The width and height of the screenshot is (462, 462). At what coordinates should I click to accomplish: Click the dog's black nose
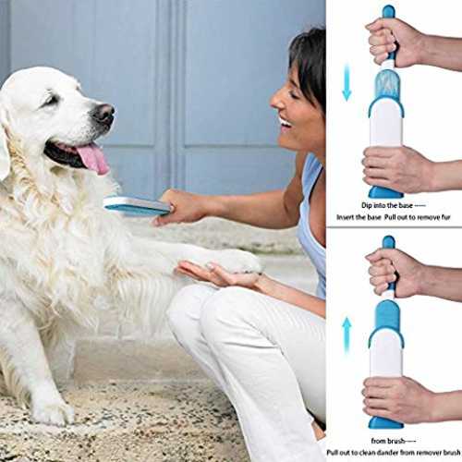[x=103, y=114]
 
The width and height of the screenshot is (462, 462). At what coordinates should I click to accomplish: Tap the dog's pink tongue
[x=93, y=159]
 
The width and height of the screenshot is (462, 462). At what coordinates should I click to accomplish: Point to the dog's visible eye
[x=53, y=100]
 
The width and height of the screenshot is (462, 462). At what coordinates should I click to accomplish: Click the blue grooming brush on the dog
[x=137, y=206]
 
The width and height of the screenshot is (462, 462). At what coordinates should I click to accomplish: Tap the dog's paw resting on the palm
[x=237, y=261]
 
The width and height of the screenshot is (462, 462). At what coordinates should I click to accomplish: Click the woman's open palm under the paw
[x=215, y=273]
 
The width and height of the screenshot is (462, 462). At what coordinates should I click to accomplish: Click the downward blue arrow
[x=347, y=82]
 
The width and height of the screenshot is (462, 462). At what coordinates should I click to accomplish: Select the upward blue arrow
[x=347, y=335]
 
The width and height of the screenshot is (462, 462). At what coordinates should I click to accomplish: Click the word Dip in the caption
[x=367, y=205]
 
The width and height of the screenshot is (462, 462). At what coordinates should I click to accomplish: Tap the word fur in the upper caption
[x=446, y=217]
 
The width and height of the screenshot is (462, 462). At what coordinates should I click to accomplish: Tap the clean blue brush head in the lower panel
[x=387, y=316]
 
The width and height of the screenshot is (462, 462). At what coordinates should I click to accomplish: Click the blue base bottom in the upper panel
[x=385, y=192]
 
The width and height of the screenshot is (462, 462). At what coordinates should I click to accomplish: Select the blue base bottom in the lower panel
[x=385, y=422]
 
